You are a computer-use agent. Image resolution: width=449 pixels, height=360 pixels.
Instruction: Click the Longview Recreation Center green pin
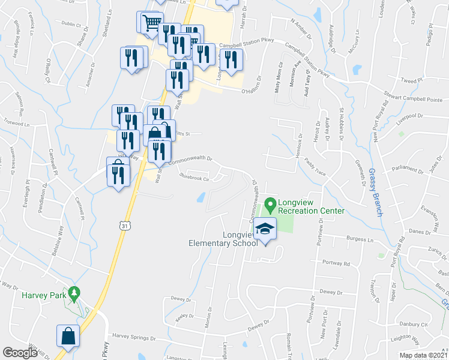(270, 205)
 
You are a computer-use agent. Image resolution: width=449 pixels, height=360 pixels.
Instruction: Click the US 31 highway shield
(124, 226)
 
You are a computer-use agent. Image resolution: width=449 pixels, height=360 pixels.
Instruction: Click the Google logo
(20, 352)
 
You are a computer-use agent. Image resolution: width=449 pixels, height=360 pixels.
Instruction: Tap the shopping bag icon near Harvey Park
(68, 337)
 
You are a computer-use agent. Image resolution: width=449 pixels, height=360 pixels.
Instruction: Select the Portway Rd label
(336, 263)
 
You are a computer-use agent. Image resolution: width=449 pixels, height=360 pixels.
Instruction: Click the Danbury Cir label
(414, 325)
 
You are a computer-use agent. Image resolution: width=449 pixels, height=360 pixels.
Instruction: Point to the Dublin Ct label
(70, 23)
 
